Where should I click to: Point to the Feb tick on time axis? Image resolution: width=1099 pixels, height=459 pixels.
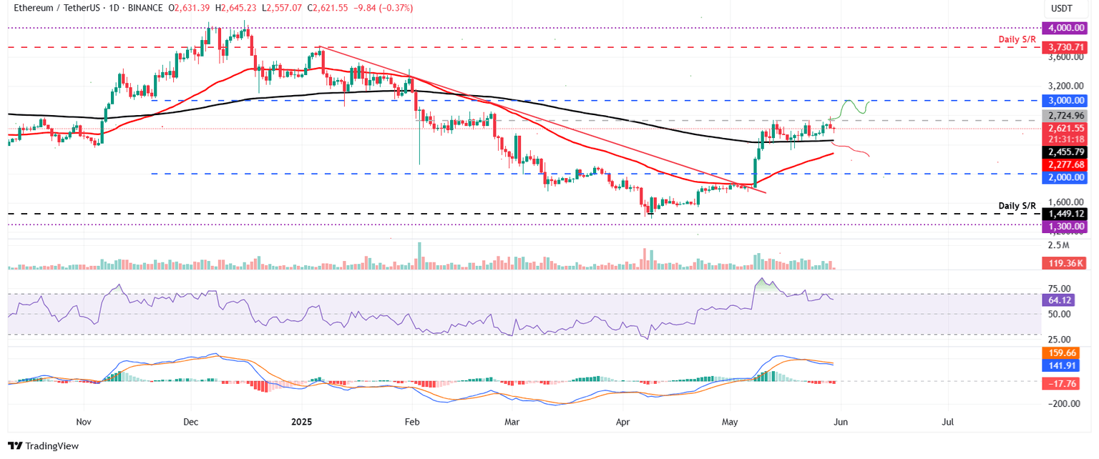click(x=411, y=423)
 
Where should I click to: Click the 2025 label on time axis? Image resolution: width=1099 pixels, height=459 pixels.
click(x=301, y=423)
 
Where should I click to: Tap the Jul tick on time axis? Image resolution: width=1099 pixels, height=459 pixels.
click(x=948, y=423)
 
